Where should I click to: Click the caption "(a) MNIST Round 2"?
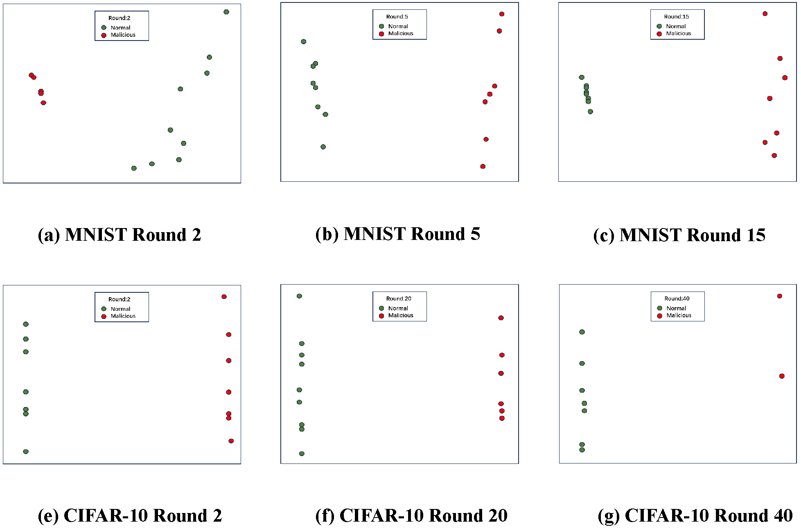[120, 235]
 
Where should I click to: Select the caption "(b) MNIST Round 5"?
[397, 234]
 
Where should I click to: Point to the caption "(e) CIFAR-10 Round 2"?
[130, 516]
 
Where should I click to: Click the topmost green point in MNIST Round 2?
[226, 12]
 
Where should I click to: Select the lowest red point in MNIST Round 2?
[43, 103]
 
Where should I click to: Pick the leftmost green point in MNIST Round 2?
[134, 168]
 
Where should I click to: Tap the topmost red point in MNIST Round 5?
[502, 14]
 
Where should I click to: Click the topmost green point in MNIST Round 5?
[303, 41]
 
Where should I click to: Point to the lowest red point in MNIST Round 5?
[483, 166]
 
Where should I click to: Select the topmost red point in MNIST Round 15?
[765, 14]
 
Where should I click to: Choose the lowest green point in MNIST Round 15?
[590, 111]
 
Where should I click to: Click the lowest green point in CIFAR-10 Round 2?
[26, 452]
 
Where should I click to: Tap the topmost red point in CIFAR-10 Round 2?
[224, 296]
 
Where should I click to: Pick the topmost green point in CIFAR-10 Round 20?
[299, 296]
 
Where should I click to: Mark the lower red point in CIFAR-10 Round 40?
[782, 376]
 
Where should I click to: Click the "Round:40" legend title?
[677, 298]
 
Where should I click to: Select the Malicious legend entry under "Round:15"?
[678, 34]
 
